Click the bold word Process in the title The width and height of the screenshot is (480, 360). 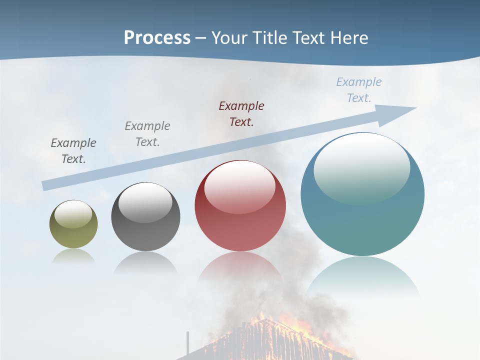[x=157, y=37]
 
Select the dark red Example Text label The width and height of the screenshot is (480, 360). [x=241, y=113]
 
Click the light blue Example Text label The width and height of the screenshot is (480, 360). [x=359, y=90]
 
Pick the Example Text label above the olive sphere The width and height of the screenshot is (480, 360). [x=73, y=150]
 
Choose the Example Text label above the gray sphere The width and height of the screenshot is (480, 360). [x=147, y=133]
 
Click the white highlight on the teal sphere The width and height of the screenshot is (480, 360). [x=361, y=167]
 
